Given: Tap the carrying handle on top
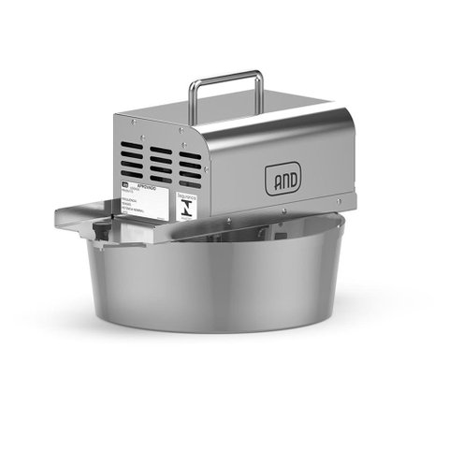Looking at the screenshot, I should point(225,76).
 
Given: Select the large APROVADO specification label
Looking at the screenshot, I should point(146,200).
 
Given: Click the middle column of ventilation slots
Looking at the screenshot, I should point(160,162).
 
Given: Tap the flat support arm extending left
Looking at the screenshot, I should point(89,215).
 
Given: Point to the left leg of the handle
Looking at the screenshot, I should point(193,98).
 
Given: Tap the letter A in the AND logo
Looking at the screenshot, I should point(273,179).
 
